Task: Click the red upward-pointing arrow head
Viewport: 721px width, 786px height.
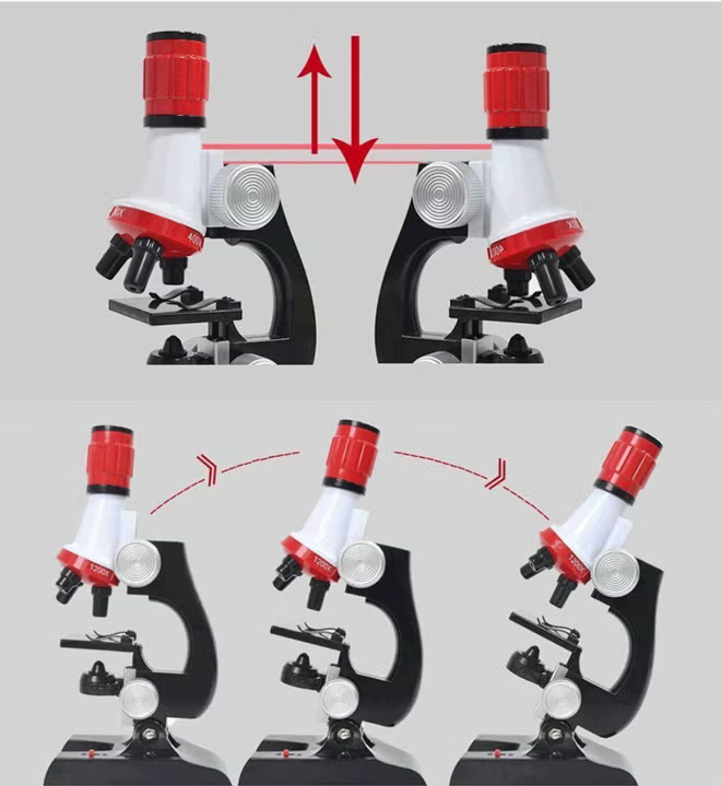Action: click(x=314, y=62)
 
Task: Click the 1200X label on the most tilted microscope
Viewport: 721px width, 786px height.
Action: click(x=577, y=566)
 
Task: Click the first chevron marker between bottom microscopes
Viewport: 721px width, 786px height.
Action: click(x=207, y=470)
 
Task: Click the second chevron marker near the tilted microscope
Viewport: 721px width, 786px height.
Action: click(x=498, y=474)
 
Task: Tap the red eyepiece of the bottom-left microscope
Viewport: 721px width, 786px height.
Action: click(x=110, y=458)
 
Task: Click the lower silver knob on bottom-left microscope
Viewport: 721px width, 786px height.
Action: click(x=139, y=698)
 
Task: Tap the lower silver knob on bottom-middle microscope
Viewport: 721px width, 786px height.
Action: click(x=340, y=698)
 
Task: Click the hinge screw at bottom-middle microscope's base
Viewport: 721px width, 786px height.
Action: click(x=342, y=733)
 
